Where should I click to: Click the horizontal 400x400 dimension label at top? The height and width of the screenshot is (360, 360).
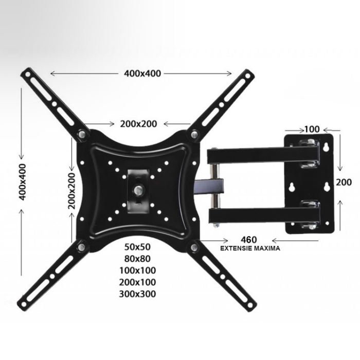tap(142, 73)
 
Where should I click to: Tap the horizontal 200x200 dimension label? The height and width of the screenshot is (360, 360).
tap(138, 123)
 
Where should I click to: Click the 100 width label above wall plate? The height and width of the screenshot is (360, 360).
tap(312, 129)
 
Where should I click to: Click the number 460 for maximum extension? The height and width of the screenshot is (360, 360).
tap(248, 240)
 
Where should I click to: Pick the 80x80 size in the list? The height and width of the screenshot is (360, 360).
tap(137, 258)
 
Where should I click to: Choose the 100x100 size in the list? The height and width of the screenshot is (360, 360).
tap(139, 270)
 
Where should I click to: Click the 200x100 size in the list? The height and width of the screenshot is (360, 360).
tap(139, 282)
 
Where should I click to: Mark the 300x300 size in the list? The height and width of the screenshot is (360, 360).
tap(139, 294)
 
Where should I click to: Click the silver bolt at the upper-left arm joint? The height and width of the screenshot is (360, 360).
tap(82, 135)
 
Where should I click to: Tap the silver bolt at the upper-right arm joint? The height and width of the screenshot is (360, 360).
tap(194, 135)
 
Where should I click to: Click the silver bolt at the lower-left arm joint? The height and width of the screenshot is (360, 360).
tap(82, 248)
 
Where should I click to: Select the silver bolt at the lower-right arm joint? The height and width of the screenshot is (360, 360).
tap(194, 248)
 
